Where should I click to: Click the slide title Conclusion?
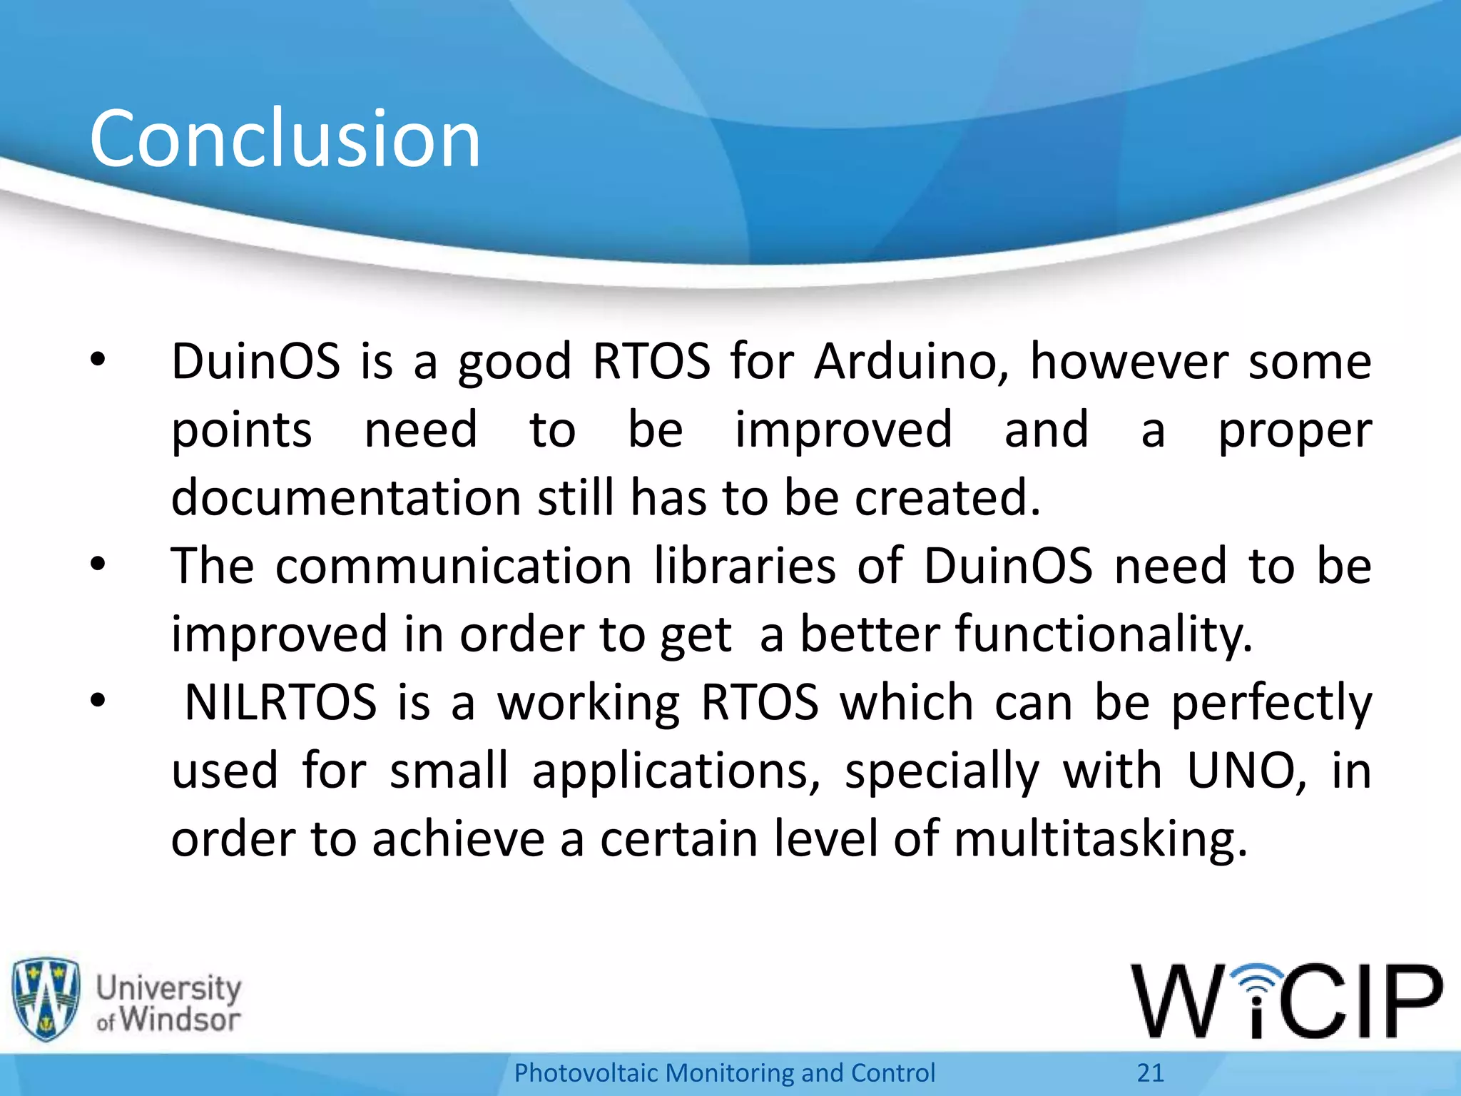point(285,138)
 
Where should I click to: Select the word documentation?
point(347,497)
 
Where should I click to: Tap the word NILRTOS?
point(280,702)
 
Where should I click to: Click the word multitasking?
point(1101,839)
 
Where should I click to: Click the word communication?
point(454,566)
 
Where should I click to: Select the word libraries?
point(745,566)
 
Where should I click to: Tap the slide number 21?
point(1150,1072)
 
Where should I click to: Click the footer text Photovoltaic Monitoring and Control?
point(724,1072)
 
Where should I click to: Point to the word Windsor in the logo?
point(180,1019)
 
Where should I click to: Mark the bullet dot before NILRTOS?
point(98,701)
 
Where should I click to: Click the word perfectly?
point(1271,704)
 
